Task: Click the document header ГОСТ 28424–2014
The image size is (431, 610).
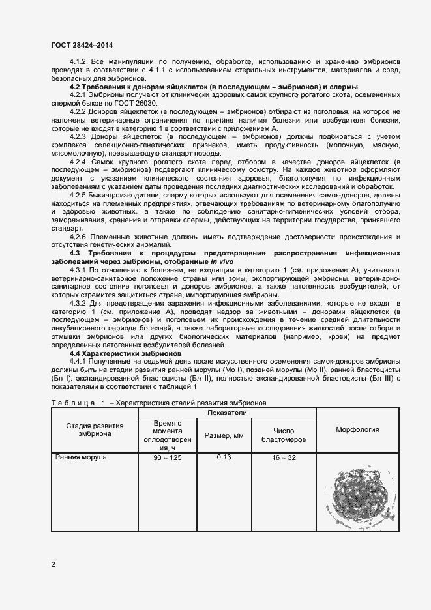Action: [82, 45]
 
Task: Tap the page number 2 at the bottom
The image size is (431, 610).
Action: [53, 564]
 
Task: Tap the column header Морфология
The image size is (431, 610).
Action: [357, 429]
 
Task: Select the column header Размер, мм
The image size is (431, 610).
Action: [224, 435]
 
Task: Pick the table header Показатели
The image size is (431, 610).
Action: [227, 413]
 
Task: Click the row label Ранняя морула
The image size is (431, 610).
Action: [80, 457]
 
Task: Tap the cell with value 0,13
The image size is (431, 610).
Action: [224, 457]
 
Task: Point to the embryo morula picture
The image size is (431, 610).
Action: [357, 496]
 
